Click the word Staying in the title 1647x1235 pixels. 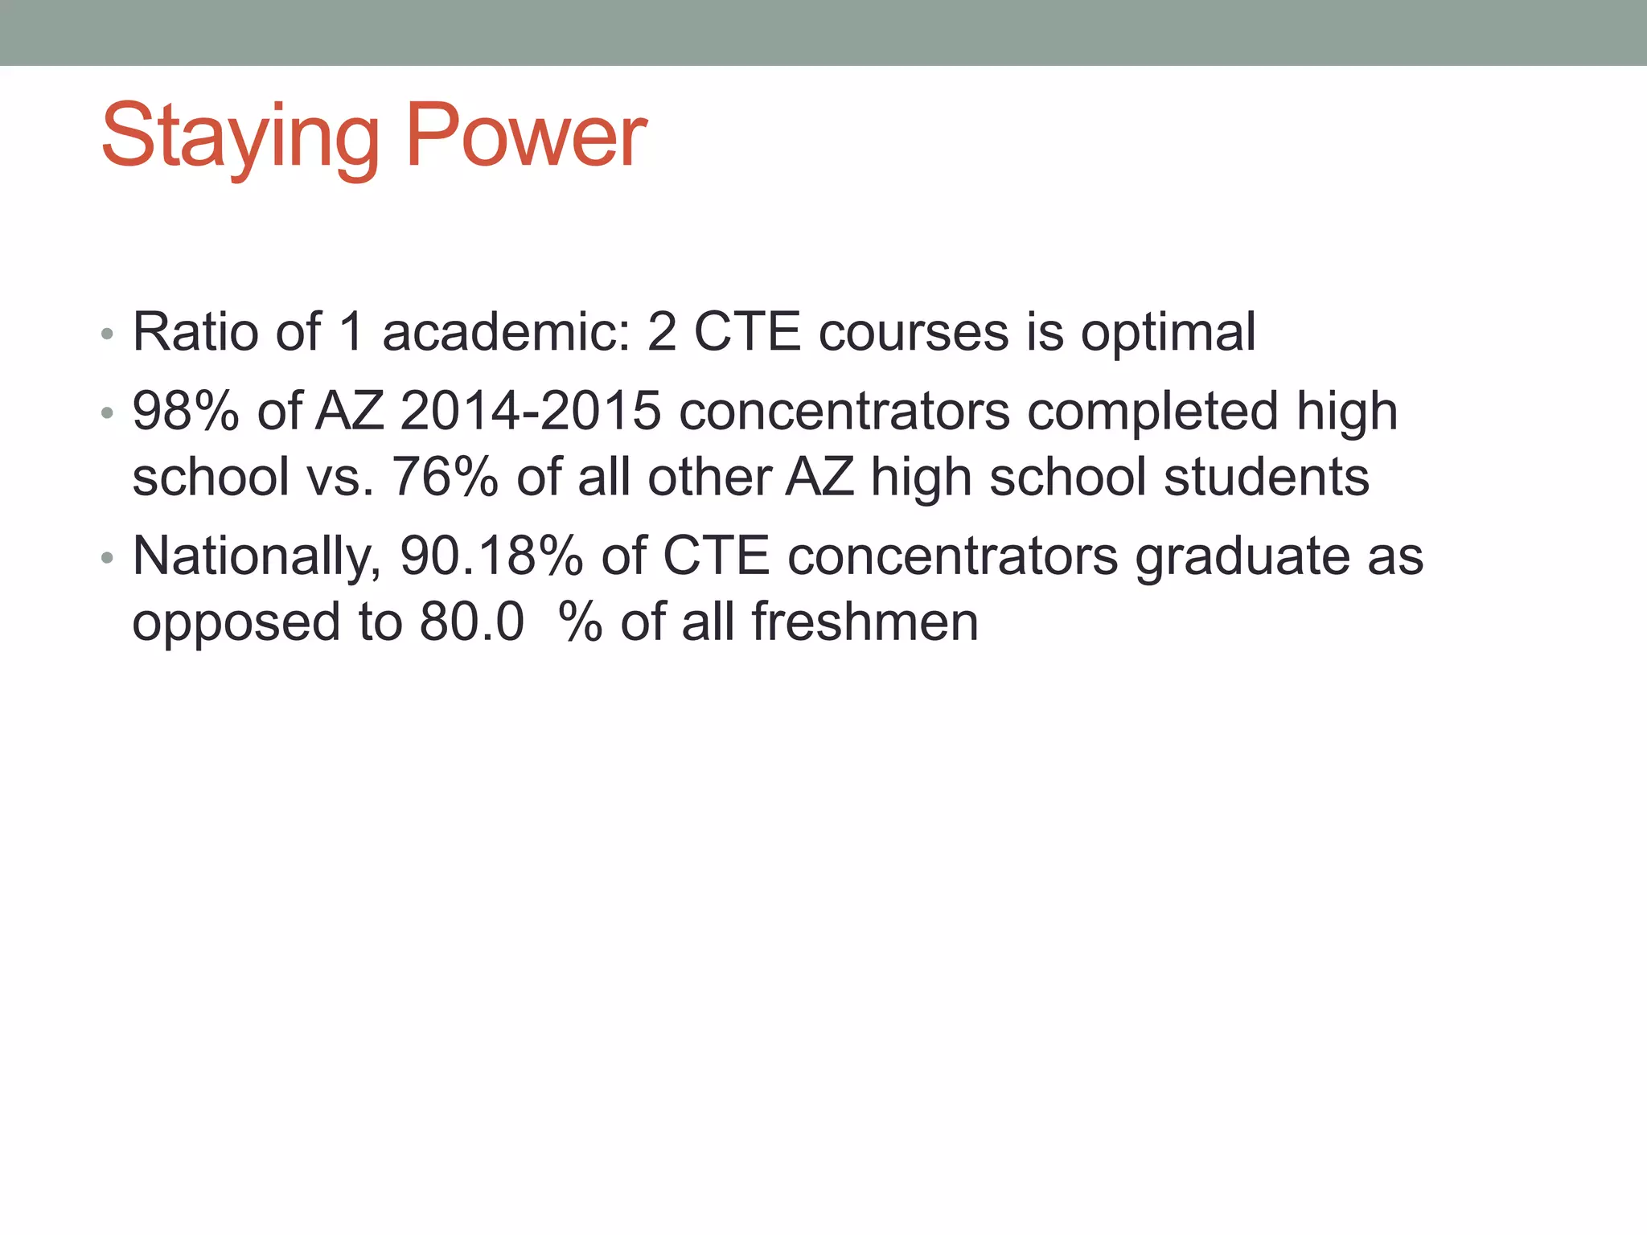[x=240, y=137]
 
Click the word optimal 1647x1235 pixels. [x=1168, y=333]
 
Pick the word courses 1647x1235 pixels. [x=913, y=331]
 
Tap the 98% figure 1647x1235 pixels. [x=186, y=411]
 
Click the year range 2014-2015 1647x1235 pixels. [x=530, y=411]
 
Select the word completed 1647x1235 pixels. [x=1152, y=412]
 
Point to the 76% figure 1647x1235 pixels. [x=445, y=477]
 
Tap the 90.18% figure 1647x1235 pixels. [x=491, y=556]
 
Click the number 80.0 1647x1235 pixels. [x=472, y=622]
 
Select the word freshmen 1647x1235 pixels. [x=865, y=622]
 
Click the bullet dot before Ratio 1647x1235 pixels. [x=107, y=334]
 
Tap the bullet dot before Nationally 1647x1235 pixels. [x=107, y=558]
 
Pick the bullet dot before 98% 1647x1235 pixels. [x=107, y=413]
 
